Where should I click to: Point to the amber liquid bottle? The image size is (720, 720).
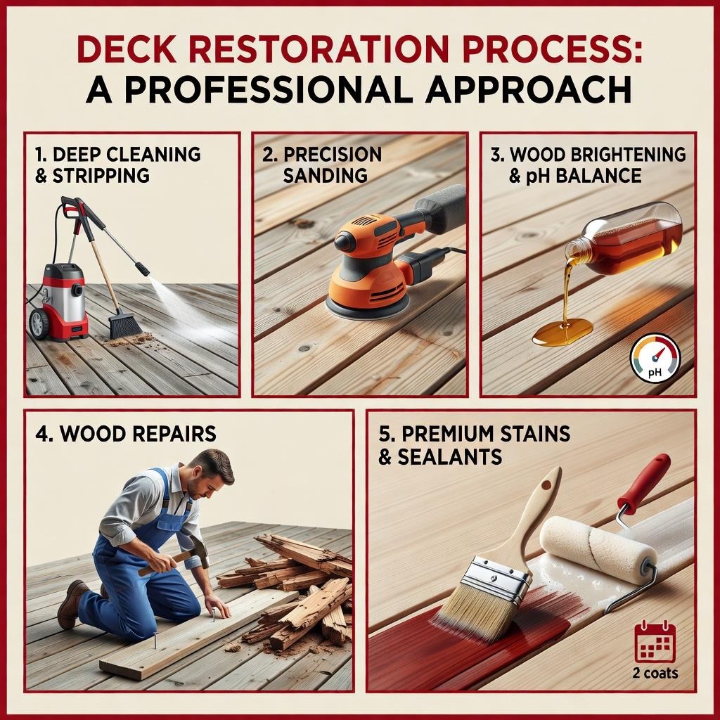[x=624, y=239]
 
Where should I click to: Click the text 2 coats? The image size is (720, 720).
[x=655, y=673]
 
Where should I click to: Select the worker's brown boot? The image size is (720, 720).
[x=72, y=603]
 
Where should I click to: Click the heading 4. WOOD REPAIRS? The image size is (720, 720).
[x=125, y=434]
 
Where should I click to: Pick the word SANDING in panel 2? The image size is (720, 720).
[x=325, y=175]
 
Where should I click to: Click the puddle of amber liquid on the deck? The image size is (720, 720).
[x=563, y=332]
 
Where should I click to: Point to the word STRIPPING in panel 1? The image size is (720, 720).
[x=101, y=176]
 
